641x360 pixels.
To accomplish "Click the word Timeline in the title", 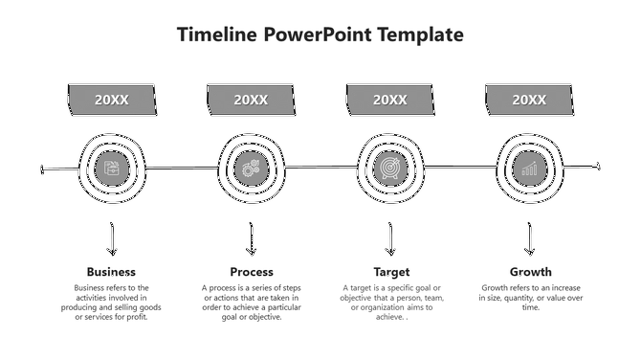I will pyautogui.click(x=218, y=35).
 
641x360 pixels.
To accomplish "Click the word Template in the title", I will pyautogui.click(x=421, y=35).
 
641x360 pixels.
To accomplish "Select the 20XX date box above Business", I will pyautogui.click(x=112, y=100).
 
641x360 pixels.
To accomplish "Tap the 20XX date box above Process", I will pyautogui.click(x=252, y=100).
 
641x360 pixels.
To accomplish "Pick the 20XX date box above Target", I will pyautogui.click(x=390, y=100).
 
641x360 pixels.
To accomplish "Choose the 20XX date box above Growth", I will pyautogui.click(x=529, y=100).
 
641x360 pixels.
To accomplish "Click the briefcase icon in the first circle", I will pyautogui.click(x=112, y=169).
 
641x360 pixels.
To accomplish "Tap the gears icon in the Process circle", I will pyautogui.click(x=252, y=169).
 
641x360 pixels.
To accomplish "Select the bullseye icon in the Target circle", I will pyautogui.click(x=390, y=169).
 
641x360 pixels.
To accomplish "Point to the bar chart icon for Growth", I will pyautogui.click(x=529, y=169).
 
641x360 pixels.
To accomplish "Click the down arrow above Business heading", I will pyautogui.click(x=112, y=238).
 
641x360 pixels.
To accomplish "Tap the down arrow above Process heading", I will pyautogui.click(x=252, y=238).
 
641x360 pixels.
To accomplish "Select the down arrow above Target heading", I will pyautogui.click(x=390, y=238).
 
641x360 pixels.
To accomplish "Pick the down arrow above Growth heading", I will pyautogui.click(x=529, y=238).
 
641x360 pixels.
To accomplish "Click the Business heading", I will pyautogui.click(x=111, y=272).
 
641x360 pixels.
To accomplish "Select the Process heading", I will pyautogui.click(x=252, y=272).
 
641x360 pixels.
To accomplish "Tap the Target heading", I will pyautogui.click(x=390, y=272).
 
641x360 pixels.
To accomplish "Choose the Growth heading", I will pyautogui.click(x=530, y=272).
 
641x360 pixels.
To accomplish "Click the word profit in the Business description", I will pyautogui.click(x=137, y=317).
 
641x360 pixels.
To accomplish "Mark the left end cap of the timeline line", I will pyautogui.click(x=43, y=170).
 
